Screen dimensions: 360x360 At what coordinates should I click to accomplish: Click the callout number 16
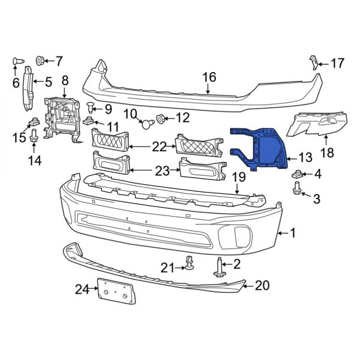click(x=208, y=77)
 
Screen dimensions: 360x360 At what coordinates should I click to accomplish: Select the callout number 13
click(x=305, y=158)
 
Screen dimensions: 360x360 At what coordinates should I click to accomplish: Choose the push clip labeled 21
click(x=190, y=263)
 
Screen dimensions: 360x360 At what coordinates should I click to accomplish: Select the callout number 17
click(x=338, y=62)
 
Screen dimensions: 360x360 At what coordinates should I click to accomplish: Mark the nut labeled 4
click(x=296, y=175)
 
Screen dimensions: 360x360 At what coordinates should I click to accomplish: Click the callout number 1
click(x=293, y=233)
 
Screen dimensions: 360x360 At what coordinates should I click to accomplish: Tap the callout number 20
click(x=262, y=286)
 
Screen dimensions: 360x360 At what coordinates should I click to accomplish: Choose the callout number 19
click(x=238, y=177)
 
